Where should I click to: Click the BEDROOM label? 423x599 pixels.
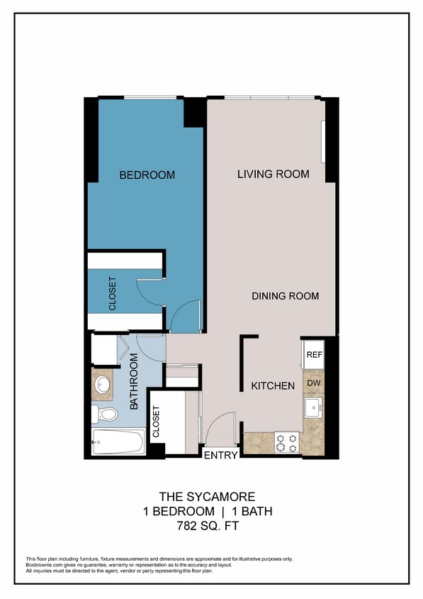point(147,175)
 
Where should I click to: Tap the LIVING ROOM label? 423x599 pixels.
point(273,174)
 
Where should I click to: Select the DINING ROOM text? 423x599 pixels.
point(285,296)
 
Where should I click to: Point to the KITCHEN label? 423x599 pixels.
point(273,386)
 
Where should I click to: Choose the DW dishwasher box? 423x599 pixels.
point(314,383)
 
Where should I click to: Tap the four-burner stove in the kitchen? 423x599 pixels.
point(287,443)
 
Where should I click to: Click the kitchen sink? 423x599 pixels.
point(313,408)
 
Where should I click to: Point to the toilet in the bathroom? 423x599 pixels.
point(105,414)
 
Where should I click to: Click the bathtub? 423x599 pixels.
point(118,442)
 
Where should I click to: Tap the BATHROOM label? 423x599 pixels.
point(133,385)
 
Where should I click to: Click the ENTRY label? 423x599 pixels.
point(220,456)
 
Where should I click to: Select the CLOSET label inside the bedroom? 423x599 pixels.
point(112,292)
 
